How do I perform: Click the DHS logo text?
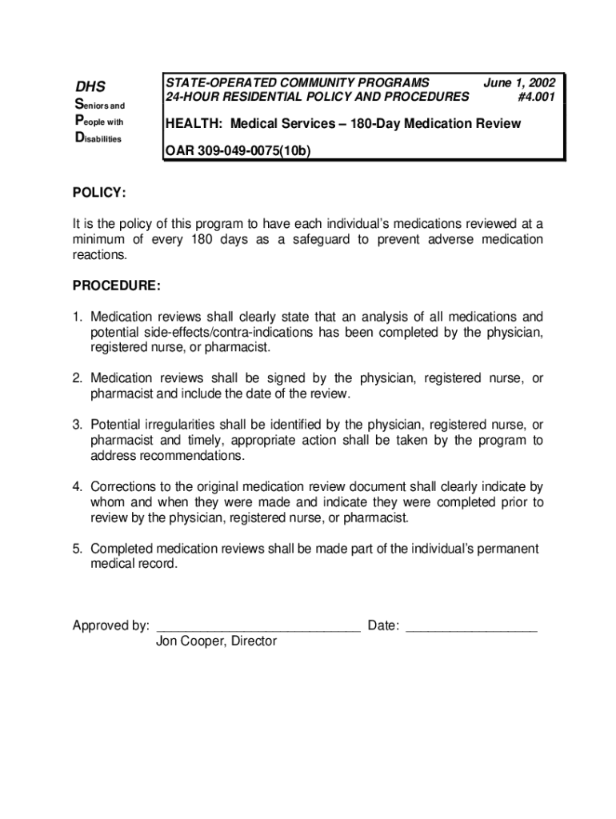[90, 86]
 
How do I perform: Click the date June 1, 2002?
[519, 82]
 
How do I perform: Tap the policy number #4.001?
[535, 97]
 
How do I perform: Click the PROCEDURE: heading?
[117, 286]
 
